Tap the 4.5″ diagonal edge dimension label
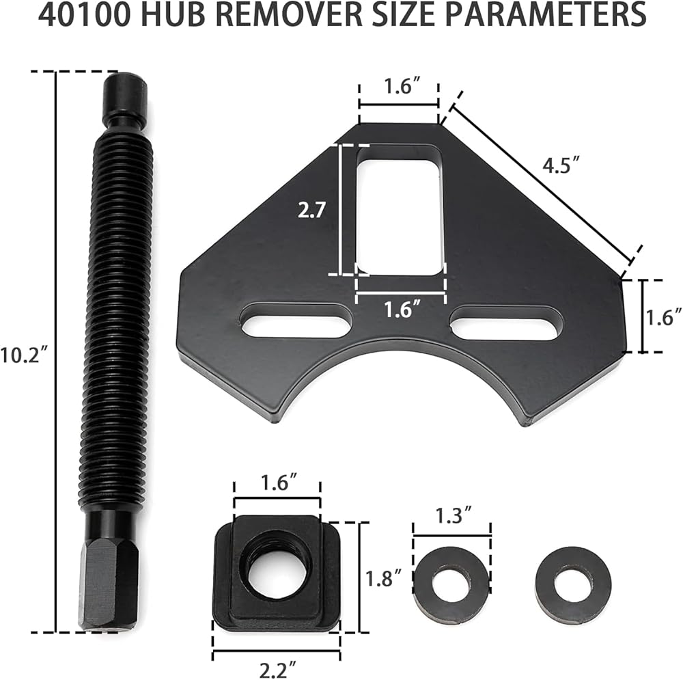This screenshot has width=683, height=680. pos(561,165)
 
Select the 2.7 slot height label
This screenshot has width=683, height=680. pos(311,210)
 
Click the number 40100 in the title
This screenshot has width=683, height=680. pos(83,16)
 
